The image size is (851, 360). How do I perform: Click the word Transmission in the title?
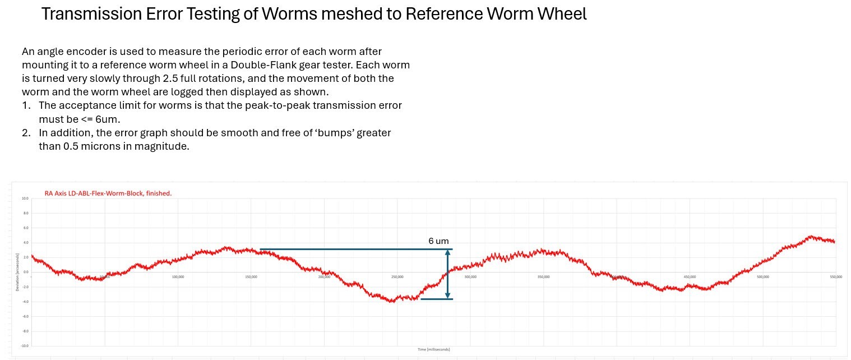(x=96, y=14)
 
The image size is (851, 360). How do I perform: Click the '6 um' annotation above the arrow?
(x=438, y=241)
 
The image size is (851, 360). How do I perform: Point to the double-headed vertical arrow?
(x=447, y=274)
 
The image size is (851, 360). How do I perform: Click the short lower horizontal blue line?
(x=436, y=299)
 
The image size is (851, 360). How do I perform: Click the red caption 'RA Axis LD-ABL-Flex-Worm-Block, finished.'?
(x=108, y=193)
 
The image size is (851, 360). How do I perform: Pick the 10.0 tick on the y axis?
(x=25, y=199)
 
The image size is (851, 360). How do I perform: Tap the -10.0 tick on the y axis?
(x=24, y=346)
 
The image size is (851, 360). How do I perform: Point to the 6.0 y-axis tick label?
(x=25, y=228)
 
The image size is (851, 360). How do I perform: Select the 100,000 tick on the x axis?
(x=178, y=277)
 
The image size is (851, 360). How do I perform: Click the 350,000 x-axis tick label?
(x=543, y=277)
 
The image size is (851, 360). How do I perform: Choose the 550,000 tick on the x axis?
(x=835, y=277)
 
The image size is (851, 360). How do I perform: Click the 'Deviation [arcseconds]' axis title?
(x=17, y=272)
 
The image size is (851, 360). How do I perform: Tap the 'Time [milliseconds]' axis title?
(x=433, y=349)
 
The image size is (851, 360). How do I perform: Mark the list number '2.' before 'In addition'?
(x=26, y=133)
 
